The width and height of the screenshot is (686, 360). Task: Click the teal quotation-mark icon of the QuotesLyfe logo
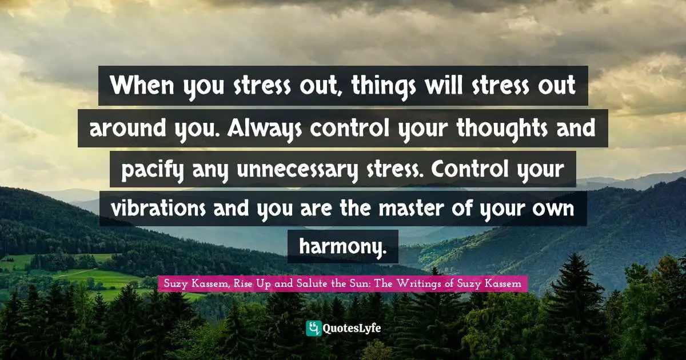pos(314,329)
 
